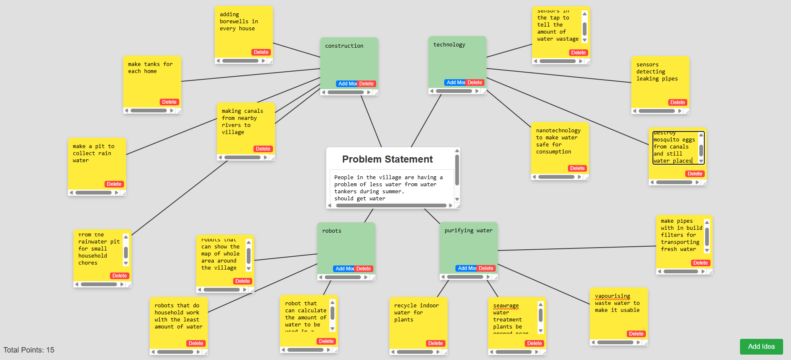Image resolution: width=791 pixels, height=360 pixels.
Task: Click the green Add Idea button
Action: tap(761, 347)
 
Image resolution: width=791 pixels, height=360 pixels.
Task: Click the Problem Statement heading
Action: tap(387, 159)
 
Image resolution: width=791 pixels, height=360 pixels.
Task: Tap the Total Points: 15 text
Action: tap(29, 350)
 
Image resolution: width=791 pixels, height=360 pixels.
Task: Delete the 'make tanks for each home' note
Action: tap(169, 102)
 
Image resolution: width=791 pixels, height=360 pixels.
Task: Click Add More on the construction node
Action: tap(346, 84)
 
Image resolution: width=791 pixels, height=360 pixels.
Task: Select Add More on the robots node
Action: tap(344, 269)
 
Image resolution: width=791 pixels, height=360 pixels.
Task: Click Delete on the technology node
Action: tap(475, 83)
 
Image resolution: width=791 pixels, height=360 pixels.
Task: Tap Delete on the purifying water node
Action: tap(486, 268)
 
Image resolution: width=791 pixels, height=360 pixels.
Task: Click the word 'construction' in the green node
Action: tap(344, 46)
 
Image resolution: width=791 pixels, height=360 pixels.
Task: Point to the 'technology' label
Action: tap(449, 45)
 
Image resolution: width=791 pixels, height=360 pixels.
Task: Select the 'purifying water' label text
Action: tap(468, 231)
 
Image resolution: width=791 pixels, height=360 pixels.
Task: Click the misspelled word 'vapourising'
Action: tap(612, 296)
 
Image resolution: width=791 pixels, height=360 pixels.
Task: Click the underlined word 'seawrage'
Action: tap(506, 306)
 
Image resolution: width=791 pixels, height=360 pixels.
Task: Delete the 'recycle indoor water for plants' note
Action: tap(435, 343)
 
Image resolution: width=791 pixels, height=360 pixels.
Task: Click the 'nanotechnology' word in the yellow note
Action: tap(558, 131)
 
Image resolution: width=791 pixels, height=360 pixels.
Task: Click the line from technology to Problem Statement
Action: tap(426, 120)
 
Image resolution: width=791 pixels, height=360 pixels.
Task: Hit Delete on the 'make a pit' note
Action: tap(114, 184)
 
